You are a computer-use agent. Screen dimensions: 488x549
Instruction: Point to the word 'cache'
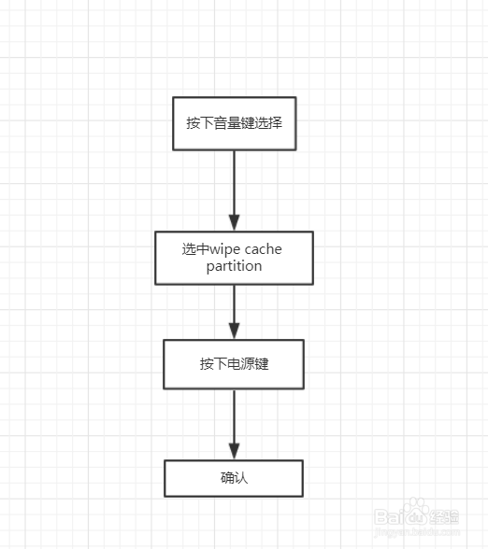[263, 249]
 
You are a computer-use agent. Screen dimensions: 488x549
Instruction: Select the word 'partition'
[234, 266]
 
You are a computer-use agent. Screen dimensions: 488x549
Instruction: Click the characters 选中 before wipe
[195, 249]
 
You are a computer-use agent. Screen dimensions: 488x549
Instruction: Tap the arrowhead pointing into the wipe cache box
[234, 222]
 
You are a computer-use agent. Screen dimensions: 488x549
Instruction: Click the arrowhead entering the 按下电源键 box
[234, 331]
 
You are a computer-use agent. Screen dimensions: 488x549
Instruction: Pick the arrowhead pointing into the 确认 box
[234, 451]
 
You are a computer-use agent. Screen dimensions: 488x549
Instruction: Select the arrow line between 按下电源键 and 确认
[234, 424]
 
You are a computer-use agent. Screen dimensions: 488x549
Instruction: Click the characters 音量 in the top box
[227, 123]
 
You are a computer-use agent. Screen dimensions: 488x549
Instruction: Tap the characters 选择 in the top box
[268, 123]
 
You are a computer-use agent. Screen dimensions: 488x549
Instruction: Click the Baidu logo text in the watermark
[400, 517]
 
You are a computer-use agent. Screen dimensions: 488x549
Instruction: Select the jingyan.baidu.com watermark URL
[417, 532]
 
